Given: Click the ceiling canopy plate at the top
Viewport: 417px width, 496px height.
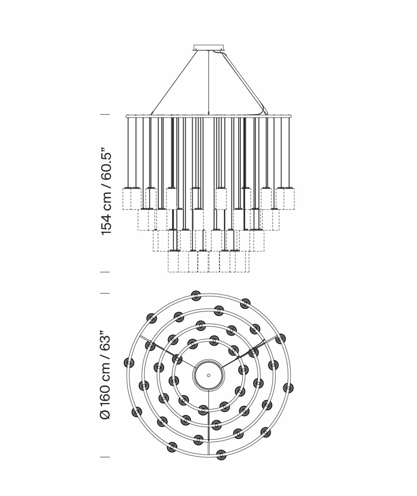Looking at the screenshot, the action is pos(208,48).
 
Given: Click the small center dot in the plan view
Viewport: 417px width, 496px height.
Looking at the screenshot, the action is pos(208,375).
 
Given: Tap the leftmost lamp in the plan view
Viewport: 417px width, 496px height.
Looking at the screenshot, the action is pos(129,362).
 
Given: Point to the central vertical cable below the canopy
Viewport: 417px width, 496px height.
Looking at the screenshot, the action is pos(208,82).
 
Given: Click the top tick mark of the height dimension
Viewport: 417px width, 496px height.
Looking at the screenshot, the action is pos(105,115).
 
